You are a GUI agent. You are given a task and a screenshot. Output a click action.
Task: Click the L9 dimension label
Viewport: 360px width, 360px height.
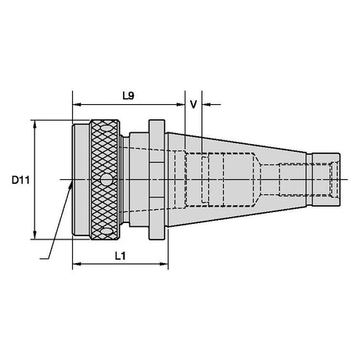pyautogui.click(x=128, y=96)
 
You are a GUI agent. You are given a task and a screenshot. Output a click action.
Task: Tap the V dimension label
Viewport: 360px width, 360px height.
pyautogui.click(x=193, y=104)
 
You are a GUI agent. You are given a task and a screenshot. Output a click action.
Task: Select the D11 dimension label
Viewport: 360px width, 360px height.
pyautogui.click(x=20, y=180)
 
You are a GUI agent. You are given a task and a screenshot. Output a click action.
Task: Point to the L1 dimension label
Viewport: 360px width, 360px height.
pyautogui.click(x=121, y=256)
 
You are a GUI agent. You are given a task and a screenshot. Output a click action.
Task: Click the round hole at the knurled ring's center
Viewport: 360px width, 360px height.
pyautogui.click(x=106, y=180)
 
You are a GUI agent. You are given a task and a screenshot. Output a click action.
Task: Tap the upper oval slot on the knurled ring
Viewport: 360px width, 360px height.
pyautogui.click(x=106, y=128)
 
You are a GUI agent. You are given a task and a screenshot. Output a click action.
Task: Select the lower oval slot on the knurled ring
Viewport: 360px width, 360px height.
pyautogui.click(x=106, y=231)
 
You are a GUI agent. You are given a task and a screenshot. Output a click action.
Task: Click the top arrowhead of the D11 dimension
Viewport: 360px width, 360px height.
pyautogui.click(x=35, y=124)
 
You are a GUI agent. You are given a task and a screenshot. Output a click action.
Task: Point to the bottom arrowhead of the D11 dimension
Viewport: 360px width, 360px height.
pyautogui.click(x=35, y=235)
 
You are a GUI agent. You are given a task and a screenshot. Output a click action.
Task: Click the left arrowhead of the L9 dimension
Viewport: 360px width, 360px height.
pyautogui.click(x=77, y=105)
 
